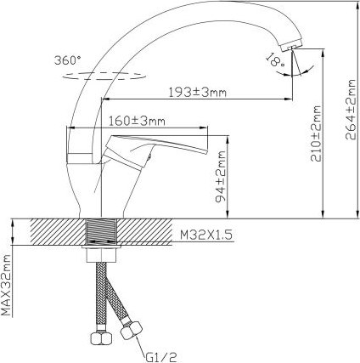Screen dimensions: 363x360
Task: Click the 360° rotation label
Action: click(69, 61)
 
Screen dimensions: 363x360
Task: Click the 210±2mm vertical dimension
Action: click(317, 134)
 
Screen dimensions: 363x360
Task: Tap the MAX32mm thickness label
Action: click(7, 284)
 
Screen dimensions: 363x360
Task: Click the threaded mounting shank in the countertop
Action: click(103, 232)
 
